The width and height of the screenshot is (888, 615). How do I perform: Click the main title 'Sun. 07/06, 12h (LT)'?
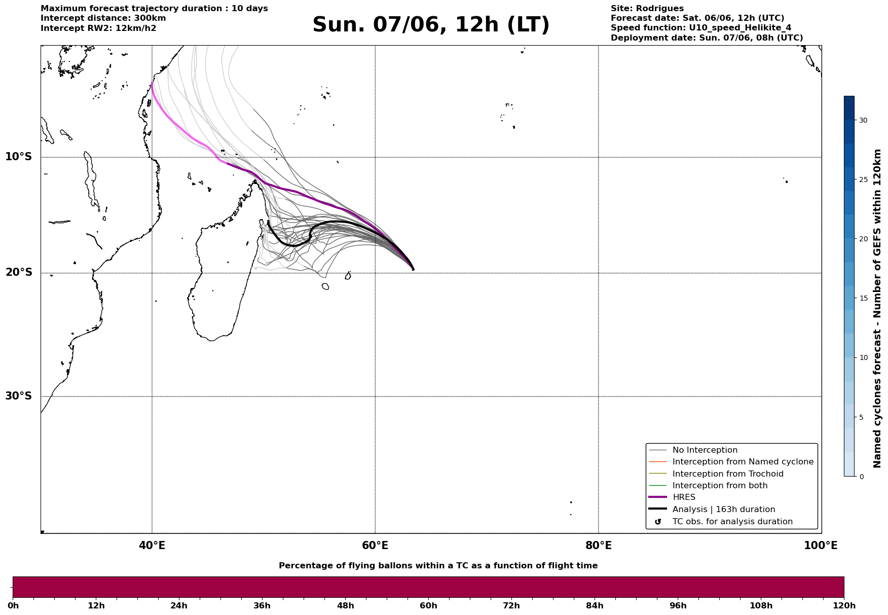(431, 25)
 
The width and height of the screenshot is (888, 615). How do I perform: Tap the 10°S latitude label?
(19, 157)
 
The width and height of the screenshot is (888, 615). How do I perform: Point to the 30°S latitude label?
(19, 396)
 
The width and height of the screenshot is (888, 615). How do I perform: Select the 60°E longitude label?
(375, 546)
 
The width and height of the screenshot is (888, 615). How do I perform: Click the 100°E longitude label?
(821, 546)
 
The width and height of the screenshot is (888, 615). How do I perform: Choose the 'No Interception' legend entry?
(705, 450)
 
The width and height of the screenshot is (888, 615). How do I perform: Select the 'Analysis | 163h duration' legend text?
(724, 510)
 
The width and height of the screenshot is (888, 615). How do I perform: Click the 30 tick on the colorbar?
(863, 120)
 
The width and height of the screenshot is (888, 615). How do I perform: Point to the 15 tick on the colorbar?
(863, 298)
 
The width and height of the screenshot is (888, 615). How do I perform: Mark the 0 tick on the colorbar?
(861, 477)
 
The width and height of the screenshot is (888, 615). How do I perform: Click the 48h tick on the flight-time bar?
(345, 606)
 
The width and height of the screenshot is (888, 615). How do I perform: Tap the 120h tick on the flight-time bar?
(844, 606)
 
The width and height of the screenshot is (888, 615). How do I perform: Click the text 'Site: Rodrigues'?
(647, 9)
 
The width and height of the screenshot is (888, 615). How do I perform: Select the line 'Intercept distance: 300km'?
(103, 18)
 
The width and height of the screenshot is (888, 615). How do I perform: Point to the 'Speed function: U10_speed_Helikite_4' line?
(701, 28)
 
